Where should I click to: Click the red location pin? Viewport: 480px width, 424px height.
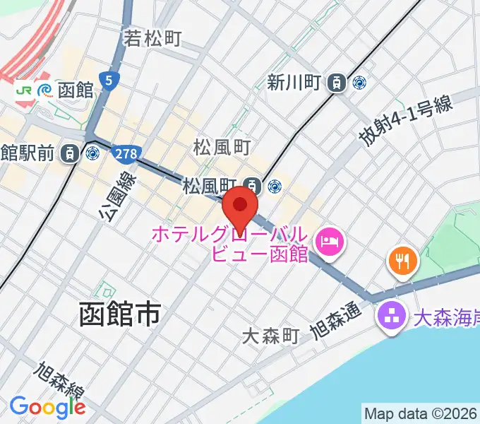(x=240, y=206)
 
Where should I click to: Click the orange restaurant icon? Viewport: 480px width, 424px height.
(x=403, y=262)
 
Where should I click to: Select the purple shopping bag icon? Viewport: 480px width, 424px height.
(x=389, y=314)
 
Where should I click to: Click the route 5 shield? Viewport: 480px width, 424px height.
(x=108, y=81)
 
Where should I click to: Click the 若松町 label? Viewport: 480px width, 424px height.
(x=153, y=37)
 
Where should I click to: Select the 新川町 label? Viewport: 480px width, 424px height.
(x=294, y=83)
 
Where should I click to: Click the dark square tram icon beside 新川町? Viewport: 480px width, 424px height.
(x=338, y=83)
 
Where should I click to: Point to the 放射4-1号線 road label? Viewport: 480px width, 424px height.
(x=405, y=121)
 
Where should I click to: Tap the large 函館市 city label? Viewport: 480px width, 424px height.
(x=119, y=314)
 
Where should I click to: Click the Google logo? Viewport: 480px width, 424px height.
(x=47, y=407)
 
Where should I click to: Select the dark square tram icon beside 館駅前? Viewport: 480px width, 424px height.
(x=70, y=153)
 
